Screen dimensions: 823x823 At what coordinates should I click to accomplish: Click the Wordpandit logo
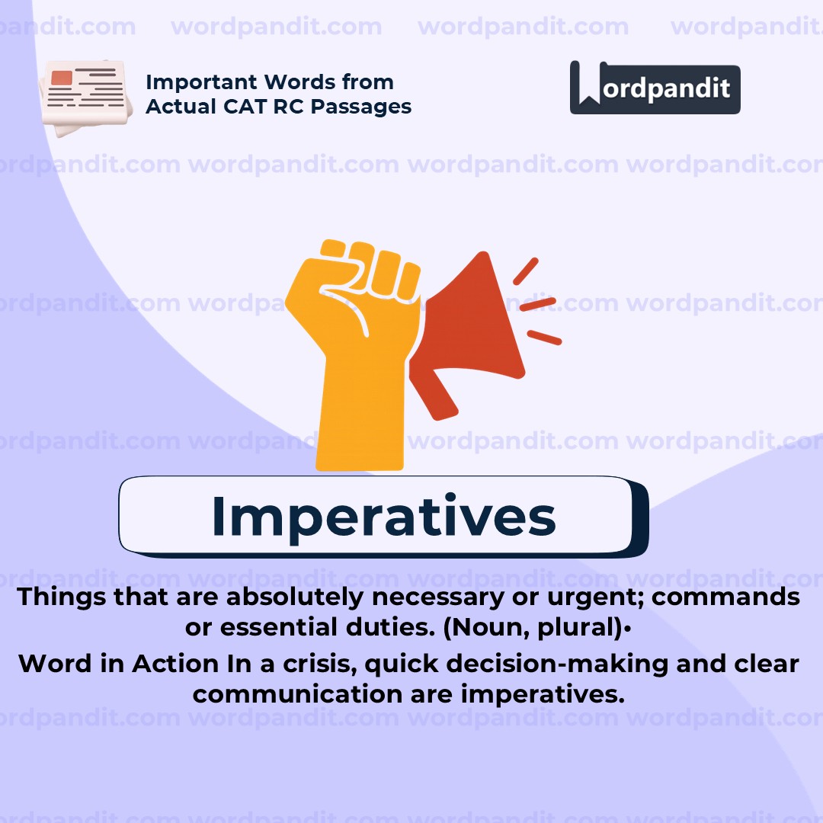[x=655, y=88]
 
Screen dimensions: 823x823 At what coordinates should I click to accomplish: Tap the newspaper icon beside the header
[x=83, y=98]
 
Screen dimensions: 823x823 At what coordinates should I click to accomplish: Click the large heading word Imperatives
[x=383, y=516]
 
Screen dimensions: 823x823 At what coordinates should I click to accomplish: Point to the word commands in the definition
[x=725, y=597]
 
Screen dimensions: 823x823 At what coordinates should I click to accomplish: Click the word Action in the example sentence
[x=175, y=664]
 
